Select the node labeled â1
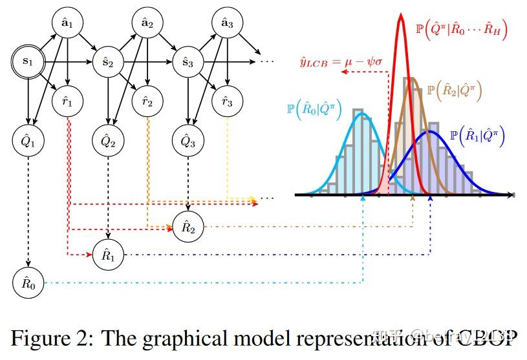pyautogui.click(x=67, y=24)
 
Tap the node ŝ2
pyautogui.click(x=107, y=62)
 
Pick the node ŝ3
pyautogui.click(x=187, y=62)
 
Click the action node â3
pyautogui.click(x=227, y=24)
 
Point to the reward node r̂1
pyautogui.click(x=67, y=101)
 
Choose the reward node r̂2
pyautogui.click(x=147, y=101)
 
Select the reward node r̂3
pyautogui.click(x=227, y=101)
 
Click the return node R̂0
pyautogui.click(x=27, y=283)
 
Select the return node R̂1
pyautogui.click(x=107, y=255)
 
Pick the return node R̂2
pyautogui.click(x=187, y=227)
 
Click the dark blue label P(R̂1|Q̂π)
pyautogui.click(x=477, y=136)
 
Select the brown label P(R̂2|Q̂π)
pyautogui.click(x=455, y=90)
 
